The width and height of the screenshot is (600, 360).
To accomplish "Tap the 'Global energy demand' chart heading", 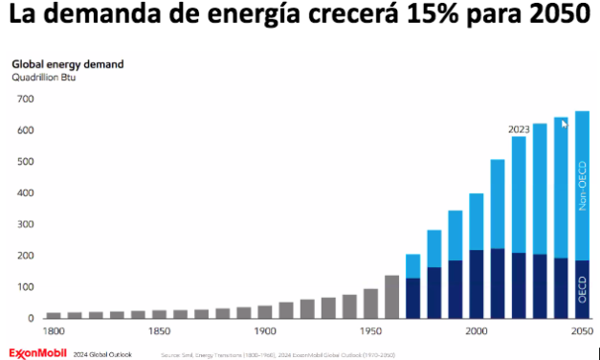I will point(67,64).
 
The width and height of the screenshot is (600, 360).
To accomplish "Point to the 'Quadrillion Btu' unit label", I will point(43,77).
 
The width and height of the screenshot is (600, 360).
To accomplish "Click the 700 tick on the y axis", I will point(25,100).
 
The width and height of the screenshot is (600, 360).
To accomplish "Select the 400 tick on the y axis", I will point(25,193).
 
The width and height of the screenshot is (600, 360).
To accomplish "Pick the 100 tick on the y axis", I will point(25,287).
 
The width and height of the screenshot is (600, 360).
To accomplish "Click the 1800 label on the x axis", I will point(54,331).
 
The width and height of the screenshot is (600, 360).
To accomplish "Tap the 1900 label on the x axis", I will point(265,331).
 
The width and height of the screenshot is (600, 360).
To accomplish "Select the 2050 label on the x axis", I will point(581,331).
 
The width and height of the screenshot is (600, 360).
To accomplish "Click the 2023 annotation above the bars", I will point(521,129).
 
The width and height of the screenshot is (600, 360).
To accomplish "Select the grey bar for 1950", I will point(370,303).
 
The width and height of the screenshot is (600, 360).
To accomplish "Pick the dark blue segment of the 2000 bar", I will point(476,283).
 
